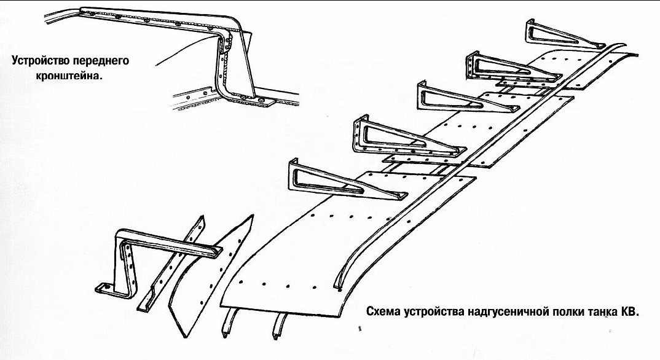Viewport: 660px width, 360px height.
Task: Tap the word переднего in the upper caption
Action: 103,61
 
